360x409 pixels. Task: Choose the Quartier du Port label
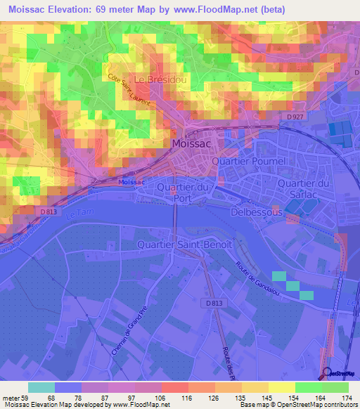(185, 193)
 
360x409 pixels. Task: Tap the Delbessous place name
(256, 211)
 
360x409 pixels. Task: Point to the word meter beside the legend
(11, 398)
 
